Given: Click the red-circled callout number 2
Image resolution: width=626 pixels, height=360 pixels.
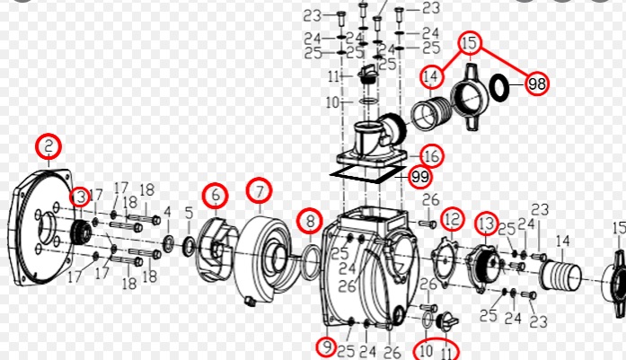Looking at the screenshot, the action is (48, 146).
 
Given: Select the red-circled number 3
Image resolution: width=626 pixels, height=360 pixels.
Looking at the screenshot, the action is (80, 197).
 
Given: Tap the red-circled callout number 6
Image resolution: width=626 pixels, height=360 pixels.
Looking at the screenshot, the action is (216, 196).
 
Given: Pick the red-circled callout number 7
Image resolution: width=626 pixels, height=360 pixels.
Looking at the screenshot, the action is (260, 191).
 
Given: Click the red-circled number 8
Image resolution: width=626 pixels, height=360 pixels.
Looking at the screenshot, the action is (311, 221).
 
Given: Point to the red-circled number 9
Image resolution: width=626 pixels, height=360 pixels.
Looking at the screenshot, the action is (327, 347).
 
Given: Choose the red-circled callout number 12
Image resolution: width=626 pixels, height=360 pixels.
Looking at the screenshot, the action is (453, 219).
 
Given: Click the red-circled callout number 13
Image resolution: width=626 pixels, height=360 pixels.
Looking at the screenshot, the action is (486, 224).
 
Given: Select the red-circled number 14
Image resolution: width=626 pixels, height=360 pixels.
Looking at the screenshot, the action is (431, 76).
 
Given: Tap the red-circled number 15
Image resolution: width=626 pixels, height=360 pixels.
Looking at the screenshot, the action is (470, 43).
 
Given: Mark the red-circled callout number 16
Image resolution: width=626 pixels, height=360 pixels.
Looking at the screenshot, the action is (432, 156).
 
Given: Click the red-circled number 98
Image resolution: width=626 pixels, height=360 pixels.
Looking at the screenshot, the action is (537, 83).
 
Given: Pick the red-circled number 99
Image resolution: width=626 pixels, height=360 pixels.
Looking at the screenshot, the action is (420, 176).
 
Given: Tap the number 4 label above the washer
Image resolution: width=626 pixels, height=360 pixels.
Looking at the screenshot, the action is (167, 213).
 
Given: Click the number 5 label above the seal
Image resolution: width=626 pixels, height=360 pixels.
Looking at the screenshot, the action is (190, 213).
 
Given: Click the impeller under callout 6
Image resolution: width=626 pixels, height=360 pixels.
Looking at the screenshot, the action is (216, 249).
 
